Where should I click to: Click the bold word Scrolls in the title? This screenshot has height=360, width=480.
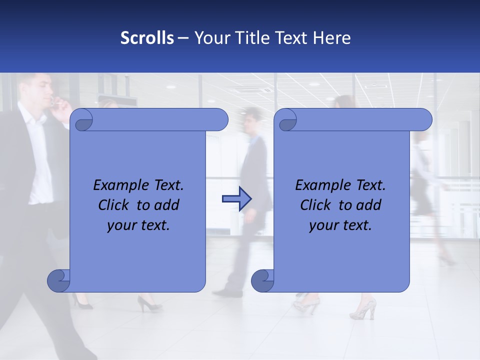(x=147, y=38)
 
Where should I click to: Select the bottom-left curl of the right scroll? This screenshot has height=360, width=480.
(x=263, y=280)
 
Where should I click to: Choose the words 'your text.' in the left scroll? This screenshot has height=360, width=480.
(x=138, y=225)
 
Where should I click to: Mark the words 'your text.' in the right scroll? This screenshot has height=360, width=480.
(x=340, y=225)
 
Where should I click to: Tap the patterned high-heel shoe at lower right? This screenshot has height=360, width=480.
(x=363, y=308)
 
